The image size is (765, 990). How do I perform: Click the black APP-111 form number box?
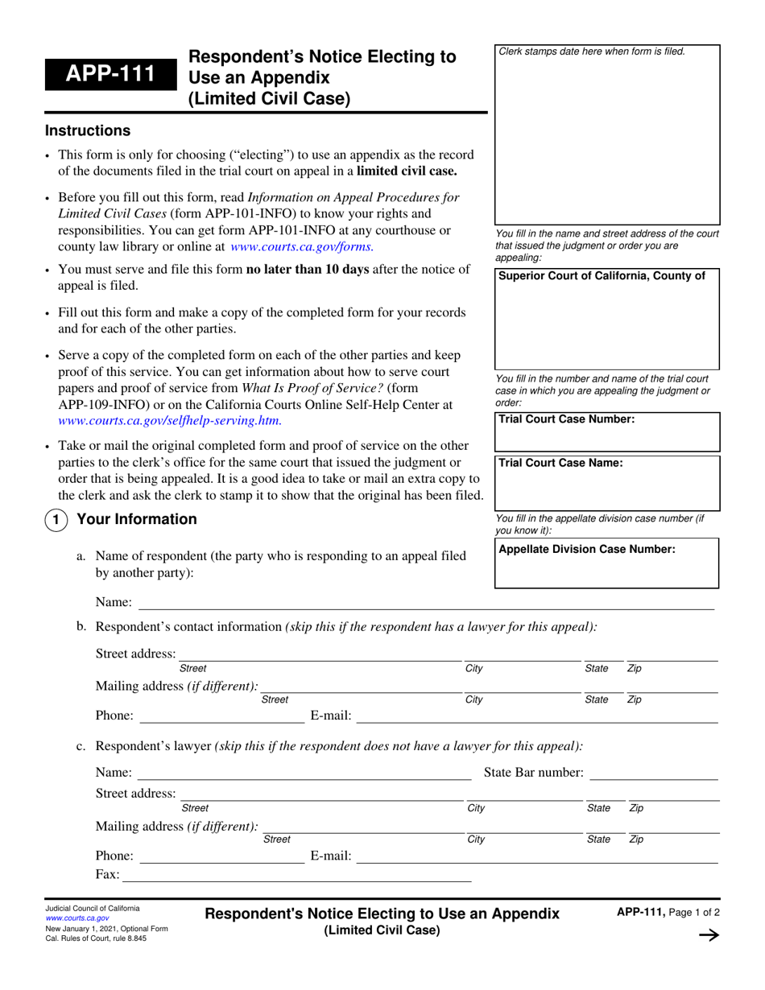click(111, 78)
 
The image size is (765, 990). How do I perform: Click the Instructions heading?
click(87, 130)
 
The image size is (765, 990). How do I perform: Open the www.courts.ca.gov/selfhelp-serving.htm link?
click(170, 419)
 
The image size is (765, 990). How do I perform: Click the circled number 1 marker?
click(55, 521)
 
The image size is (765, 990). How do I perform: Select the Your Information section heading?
click(136, 519)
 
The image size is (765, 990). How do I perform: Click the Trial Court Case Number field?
click(606, 437)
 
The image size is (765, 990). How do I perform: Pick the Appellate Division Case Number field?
click(606, 571)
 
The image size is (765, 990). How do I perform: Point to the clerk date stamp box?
click(606, 137)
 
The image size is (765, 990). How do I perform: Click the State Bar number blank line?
click(653, 773)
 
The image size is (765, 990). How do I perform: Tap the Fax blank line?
click(296, 876)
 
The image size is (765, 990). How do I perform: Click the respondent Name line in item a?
click(427, 603)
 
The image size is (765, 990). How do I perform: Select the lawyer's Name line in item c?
click(304, 773)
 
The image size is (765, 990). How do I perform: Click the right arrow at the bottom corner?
click(708, 935)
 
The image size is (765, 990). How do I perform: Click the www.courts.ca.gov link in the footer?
click(77, 918)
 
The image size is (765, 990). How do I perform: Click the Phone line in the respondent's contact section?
click(222, 716)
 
